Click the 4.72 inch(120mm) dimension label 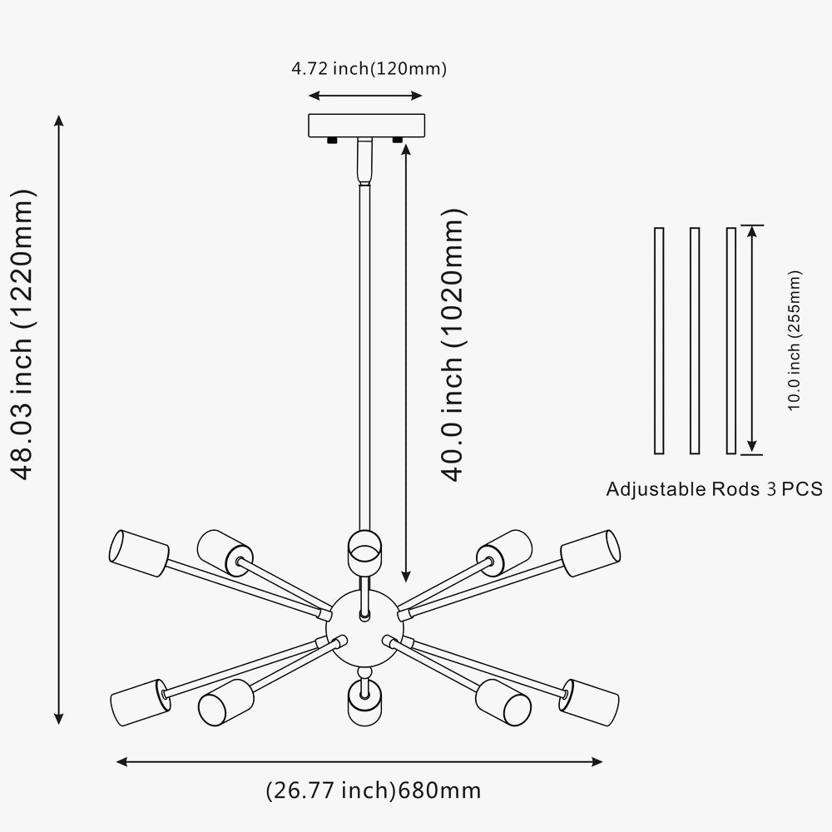click(369, 69)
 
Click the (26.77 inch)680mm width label click(373, 789)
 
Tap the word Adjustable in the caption click(655, 488)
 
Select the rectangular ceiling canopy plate click(366, 125)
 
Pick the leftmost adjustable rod click(659, 339)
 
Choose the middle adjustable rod click(695, 339)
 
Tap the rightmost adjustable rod click(730, 339)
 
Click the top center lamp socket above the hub click(364, 550)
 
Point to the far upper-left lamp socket click(137, 553)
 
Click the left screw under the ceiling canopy click(332, 141)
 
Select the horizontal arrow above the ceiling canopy click(366, 95)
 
